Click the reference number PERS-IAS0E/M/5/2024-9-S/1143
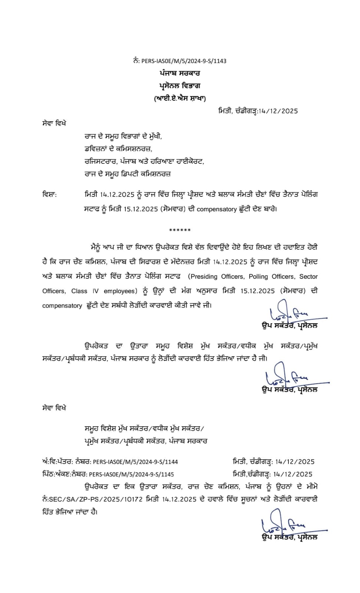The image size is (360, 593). tap(184, 61)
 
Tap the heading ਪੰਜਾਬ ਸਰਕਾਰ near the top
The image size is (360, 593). tap(180, 73)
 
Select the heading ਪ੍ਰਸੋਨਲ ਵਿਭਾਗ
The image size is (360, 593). tap(180, 86)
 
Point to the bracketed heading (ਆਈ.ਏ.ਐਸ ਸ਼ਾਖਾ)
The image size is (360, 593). tap(180, 98)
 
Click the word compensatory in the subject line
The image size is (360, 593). tap(217, 209)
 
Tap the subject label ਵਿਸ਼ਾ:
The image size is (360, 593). tap(49, 194)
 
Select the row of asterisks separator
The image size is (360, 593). tap(180, 231)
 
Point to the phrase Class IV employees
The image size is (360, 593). tap(104, 291)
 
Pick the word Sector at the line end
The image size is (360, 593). tap(308, 276)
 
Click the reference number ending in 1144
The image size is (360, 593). tap(135, 462)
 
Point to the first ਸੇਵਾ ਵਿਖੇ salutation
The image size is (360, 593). tap(54, 123)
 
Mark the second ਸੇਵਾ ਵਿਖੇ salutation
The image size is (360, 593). tap(54, 408)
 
